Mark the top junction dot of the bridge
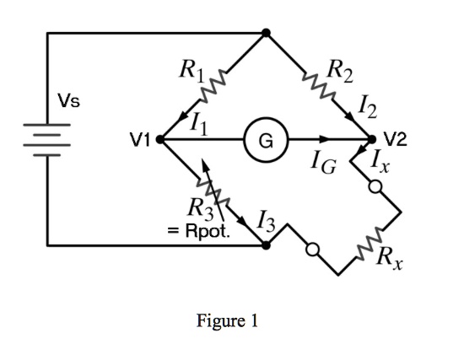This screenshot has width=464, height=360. pos(266,33)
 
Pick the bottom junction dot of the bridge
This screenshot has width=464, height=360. pos(266,245)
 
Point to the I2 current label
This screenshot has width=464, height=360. pos(368,107)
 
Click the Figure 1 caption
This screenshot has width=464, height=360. pos(226,321)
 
